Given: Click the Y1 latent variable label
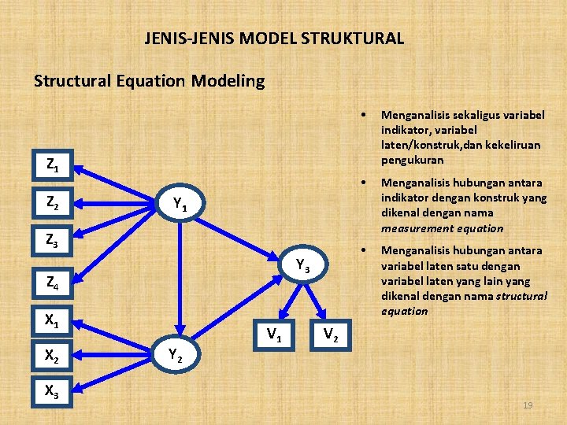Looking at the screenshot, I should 180,206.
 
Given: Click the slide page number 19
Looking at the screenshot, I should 528,405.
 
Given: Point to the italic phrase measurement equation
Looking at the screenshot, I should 441,228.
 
